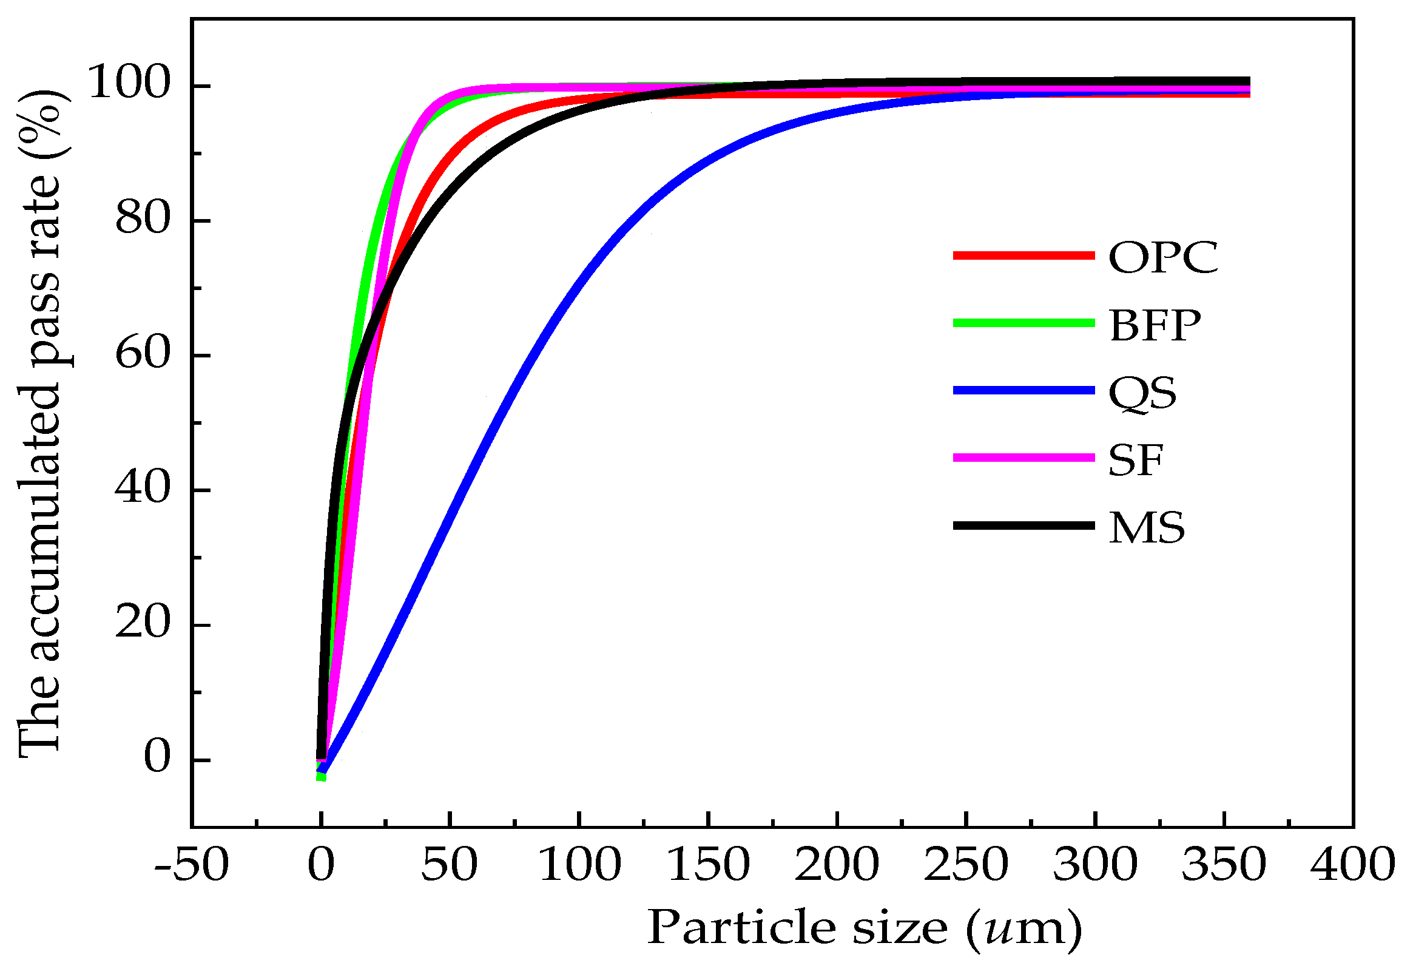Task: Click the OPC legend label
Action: [x=1162, y=258]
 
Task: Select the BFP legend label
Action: [x=1155, y=325]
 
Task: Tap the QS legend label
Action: [x=1142, y=393]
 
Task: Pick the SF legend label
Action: [x=1135, y=461]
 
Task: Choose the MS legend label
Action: [x=1146, y=529]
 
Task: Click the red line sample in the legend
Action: [x=1022, y=256]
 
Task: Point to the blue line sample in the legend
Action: [x=1022, y=391]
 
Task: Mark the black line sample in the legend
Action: [x=1022, y=526]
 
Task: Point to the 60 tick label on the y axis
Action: [x=142, y=354]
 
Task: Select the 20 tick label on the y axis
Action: [x=142, y=624]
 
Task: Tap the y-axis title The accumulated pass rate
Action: [x=40, y=422]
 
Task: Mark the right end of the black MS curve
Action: [x=1247, y=82]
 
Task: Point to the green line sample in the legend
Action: [x=1022, y=323]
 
